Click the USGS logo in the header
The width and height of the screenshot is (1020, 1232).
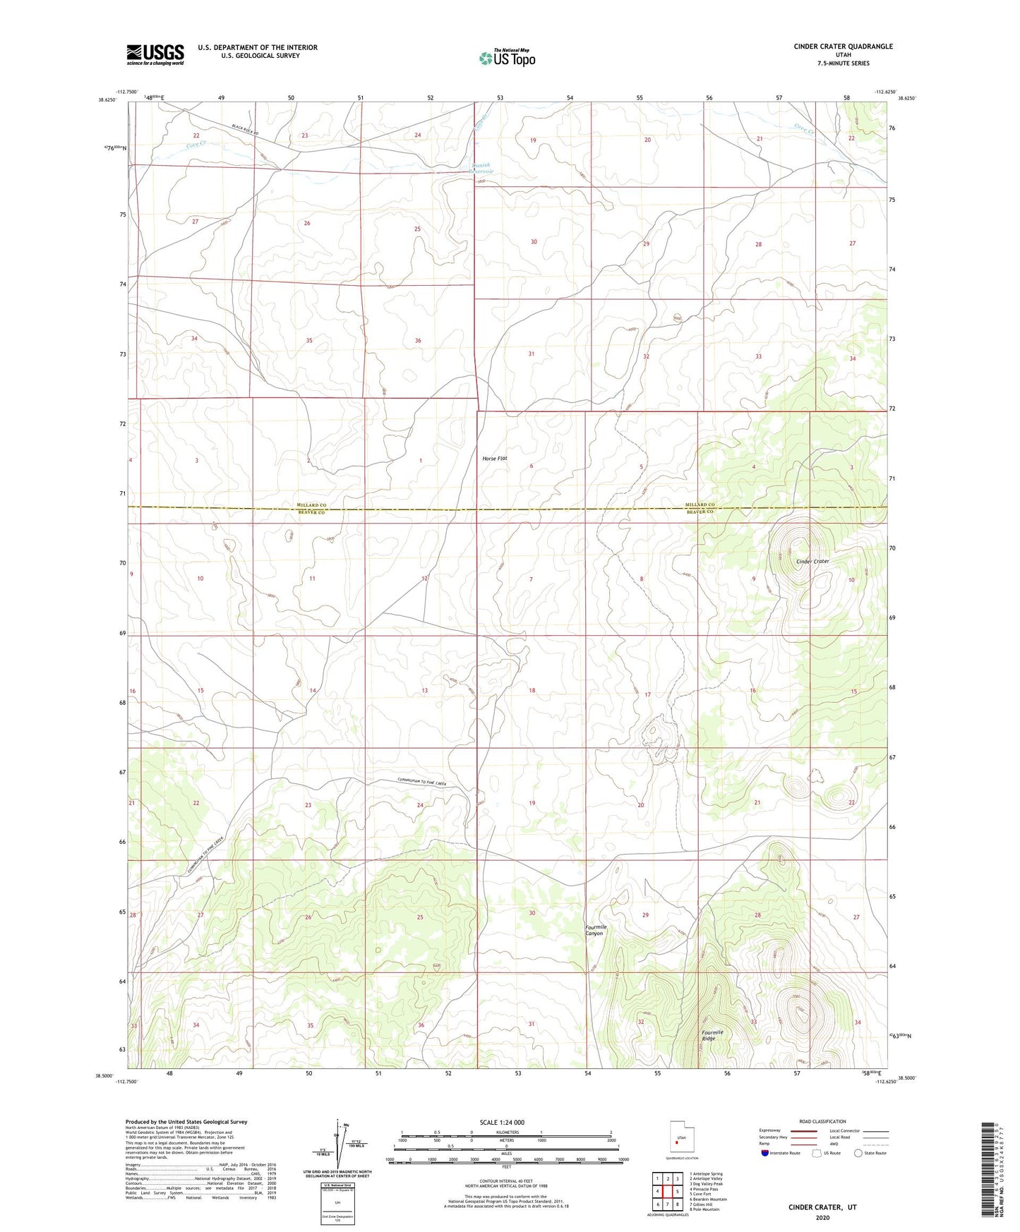coord(155,54)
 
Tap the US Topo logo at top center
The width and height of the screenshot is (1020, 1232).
coord(507,58)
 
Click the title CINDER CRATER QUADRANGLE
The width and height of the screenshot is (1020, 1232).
coord(843,47)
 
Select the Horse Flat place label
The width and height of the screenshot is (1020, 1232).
coord(495,459)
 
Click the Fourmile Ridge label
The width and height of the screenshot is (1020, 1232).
coord(712,1035)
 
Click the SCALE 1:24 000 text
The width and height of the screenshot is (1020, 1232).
coord(502,1123)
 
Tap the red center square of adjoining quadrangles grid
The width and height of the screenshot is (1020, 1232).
coord(667,1190)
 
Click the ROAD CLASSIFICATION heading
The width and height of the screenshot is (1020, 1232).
coord(822,1121)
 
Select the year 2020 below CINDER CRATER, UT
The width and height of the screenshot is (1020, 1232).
coord(822,1217)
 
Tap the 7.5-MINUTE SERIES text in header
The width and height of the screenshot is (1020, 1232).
coord(843,64)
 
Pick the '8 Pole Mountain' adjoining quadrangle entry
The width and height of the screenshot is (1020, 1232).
coord(704,1209)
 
